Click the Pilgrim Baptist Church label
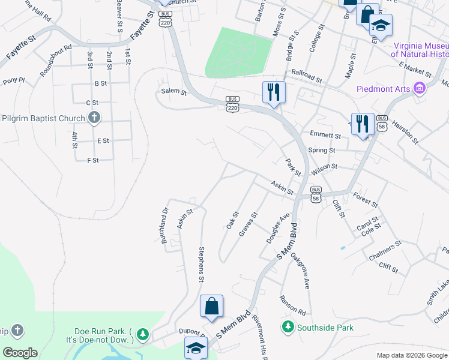tap(43, 118)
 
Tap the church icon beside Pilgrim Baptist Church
tap(94, 118)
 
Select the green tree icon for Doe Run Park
tap(142, 334)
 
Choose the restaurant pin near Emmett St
tap(363, 125)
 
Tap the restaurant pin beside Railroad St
tap(274, 92)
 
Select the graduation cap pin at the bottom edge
tap(196, 348)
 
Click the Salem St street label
tap(174, 92)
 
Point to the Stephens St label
tap(202, 263)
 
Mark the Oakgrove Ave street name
tap(300, 271)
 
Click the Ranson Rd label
tap(292, 305)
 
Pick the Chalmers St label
tap(385, 251)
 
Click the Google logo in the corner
tap(20, 353)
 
